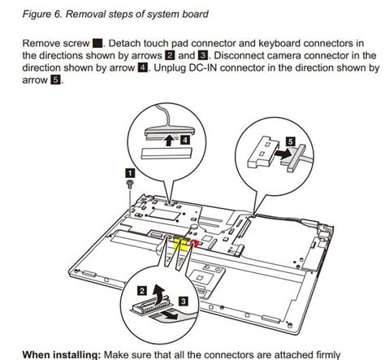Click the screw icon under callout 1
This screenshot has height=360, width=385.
pyautogui.click(x=130, y=184)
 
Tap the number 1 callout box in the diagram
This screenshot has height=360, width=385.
pyautogui.click(x=130, y=172)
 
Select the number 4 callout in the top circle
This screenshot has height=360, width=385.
pyautogui.click(x=184, y=140)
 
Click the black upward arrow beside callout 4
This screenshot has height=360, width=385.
pyautogui.click(x=170, y=141)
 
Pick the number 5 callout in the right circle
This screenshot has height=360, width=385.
pyautogui.click(x=291, y=141)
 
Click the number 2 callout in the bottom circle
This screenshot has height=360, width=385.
pyautogui.click(x=142, y=291)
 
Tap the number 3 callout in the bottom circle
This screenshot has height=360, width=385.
pyautogui.click(x=184, y=301)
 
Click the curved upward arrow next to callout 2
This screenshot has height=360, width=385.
pyautogui.click(x=158, y=293)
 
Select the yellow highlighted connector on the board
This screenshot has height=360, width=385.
pyautogui.click(x=180, y=243)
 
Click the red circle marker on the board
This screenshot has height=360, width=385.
pyautogui.click(x=194, y=244)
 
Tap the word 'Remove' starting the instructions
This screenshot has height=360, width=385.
pyautogui.click(x=41, y=43)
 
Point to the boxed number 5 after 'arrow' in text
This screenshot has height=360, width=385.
pyautogui.click(x=55, y=80)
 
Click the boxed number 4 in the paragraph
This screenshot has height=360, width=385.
pyautogui.click(x=143, y=67)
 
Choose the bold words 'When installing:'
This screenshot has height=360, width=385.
pyautogui.click(x=62, y=354)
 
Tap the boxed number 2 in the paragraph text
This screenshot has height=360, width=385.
pyautogui.click(x=170, y=55)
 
